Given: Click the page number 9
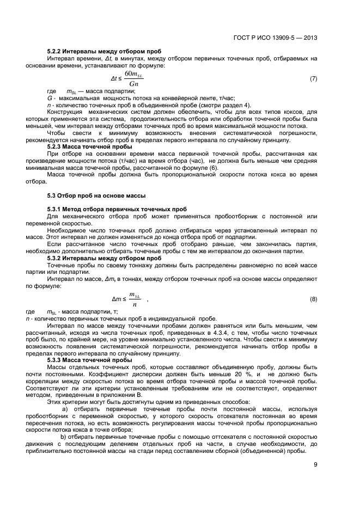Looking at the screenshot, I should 315,464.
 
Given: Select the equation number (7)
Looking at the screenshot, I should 313,79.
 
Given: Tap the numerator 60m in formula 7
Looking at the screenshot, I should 132,73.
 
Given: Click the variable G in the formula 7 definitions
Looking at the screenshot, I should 50,98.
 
